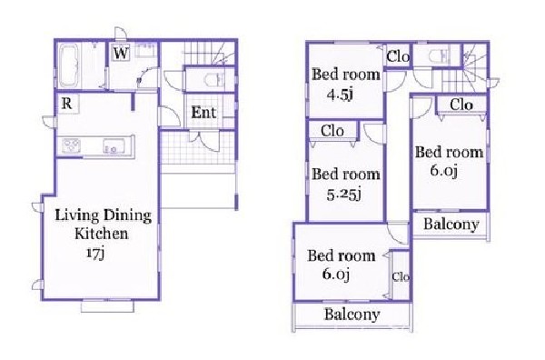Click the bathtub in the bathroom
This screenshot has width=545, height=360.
(70, 66)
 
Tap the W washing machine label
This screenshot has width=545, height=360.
(121, 54)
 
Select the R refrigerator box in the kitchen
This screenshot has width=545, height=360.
(67, 104)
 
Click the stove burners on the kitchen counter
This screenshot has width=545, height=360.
(72, 145)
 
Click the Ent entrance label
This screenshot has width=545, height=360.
(203, 113)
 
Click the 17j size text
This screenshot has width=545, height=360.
(94, 253)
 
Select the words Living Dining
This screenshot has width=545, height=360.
(104, 215)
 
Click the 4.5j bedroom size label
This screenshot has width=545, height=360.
(341, 95)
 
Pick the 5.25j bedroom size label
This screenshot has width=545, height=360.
(343, 195)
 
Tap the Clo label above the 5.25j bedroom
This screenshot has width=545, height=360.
(332, 131)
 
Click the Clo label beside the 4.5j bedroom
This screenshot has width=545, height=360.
(398, 56)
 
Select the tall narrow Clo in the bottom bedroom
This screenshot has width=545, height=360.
(400, 275)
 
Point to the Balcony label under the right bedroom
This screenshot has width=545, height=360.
(451, 225)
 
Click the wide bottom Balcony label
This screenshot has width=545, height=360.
(352, 315)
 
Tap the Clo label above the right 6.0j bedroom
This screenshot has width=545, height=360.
(461, 105)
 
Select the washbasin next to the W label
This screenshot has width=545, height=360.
(146, 51)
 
